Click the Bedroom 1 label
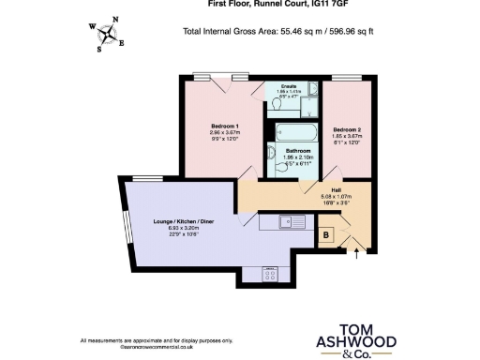(x=224, y=126)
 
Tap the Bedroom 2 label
(x=347, y=129)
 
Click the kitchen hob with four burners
(x=266, y=275)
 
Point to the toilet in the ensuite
(x=282, y=97)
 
